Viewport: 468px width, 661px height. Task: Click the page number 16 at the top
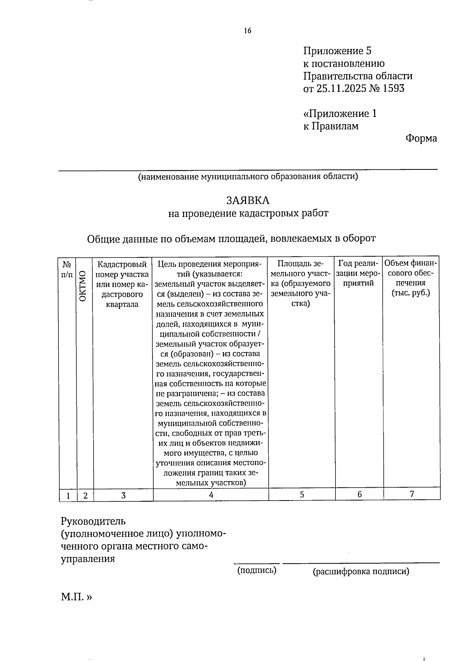click(x=248, y=31)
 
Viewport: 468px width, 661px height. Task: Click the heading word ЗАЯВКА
click(x=248, y=200)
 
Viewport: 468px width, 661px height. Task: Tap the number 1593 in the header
click(x=394, y=88)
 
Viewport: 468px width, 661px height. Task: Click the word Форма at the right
click(x=421, y=138)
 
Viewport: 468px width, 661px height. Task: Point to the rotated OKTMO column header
click(x=83, y=286)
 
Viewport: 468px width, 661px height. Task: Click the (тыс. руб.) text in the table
click(x=411, y=293)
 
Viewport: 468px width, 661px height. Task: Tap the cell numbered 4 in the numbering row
click(x=211, y=495)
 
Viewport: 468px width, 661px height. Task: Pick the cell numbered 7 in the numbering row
click(x=411, y=494)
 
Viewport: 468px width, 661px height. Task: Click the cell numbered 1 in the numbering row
click(x=68, y=495)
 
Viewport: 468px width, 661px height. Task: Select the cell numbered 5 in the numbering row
click(x=302, y=495)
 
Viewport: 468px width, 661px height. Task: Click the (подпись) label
click(x=257, y=571)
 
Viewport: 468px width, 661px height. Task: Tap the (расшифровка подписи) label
click(x=361, y=571)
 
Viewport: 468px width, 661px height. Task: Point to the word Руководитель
click(x=93, y=521)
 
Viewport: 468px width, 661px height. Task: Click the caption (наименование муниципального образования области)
click(x=247, y=177)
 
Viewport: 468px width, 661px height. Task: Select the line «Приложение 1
click(x=340, y=114)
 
